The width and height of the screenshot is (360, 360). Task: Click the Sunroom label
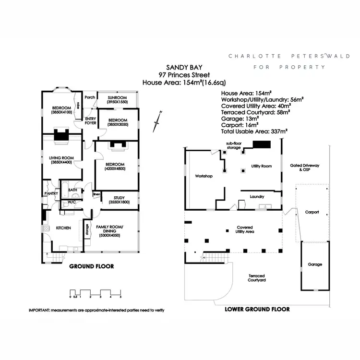point(117,99)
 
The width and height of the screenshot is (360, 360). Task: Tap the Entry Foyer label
point(91,120)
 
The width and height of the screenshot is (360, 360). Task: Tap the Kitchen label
point(64,228)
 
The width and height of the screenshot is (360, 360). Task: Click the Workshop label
point(204,176)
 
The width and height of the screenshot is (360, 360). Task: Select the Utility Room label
point(262,166)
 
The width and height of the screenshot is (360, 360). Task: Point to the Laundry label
point(258,196)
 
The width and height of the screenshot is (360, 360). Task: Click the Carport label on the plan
point(312,212)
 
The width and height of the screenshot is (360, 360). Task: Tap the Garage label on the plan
point(315,264)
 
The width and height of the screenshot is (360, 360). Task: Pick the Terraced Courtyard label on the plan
point(257,278)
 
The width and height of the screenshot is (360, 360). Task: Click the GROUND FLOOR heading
point(92,266)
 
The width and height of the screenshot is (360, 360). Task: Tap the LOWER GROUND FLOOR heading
point(257,310)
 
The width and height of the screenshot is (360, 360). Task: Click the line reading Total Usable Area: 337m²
point(254,131)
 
